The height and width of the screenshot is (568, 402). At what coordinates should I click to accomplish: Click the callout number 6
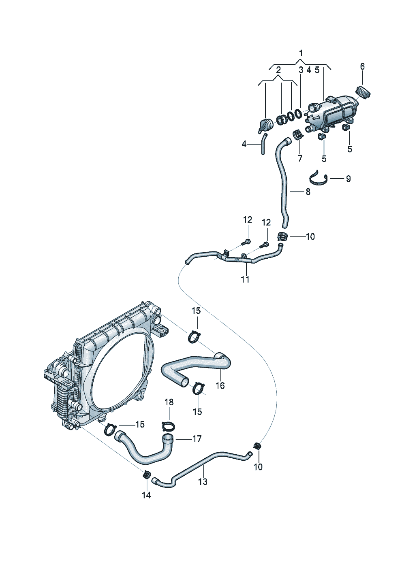(362, 66)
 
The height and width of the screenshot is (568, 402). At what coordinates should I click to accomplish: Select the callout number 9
(348, 179)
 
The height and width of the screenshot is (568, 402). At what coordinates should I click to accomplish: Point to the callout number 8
(308, 192)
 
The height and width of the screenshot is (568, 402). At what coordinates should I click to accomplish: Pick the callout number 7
(300, 158)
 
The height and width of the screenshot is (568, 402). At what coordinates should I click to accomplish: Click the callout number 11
(245, 279)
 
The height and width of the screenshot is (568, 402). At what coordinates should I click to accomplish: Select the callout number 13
(203, 481)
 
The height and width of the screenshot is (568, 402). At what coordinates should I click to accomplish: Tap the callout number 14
(146, 495)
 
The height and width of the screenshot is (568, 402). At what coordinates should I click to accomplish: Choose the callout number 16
(220, 385)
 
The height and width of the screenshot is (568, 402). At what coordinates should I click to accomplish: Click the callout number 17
(197, 438)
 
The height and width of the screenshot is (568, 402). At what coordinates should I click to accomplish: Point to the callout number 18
(169, 402)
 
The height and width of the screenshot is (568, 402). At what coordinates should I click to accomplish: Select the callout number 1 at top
(301, 53)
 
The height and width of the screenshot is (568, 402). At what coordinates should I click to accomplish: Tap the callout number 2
(278, 70)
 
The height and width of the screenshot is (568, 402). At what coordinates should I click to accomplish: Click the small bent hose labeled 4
(263, 148)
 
